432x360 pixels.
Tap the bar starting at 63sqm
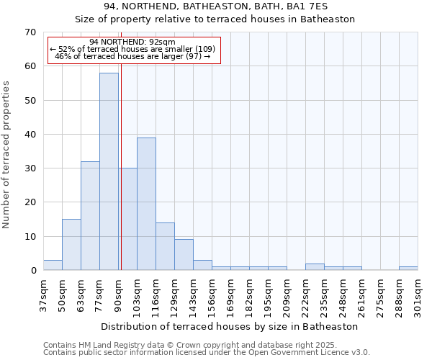(x=90, y=216)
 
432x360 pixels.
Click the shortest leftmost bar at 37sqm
(x=53, y=265)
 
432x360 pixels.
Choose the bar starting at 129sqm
(x=184, y=255)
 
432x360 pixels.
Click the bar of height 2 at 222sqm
(x=315, y=267)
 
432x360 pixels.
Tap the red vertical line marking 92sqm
(x=121, y=180)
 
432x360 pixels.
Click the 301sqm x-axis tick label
(x=418, y=296)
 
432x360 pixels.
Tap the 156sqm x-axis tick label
(x=212, y=296)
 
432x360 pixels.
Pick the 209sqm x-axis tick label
(x=287, y=296)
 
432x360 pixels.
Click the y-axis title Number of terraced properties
(x=7, y=155)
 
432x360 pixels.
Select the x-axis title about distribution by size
(x=230, y=326)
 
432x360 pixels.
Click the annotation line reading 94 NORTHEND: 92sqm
(x=133, y=42)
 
